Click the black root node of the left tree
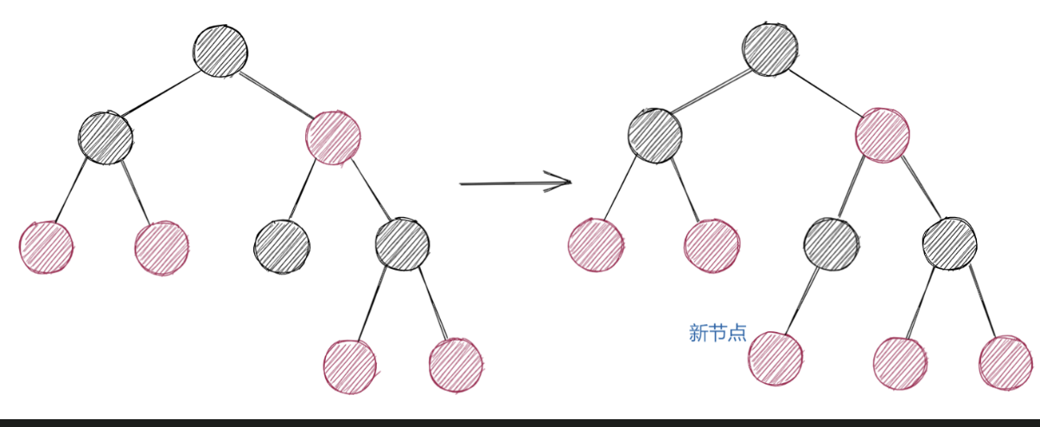click(x=220, y=49)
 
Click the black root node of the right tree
click(x=769, y=48)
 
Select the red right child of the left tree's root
click(x=333, y=137)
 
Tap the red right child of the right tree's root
click(x=882, y=135)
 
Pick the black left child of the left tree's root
click(x=105, y=137)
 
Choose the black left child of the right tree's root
click(x=654, y=136)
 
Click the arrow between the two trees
click(x=515, y=182)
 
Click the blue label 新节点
click(x=717, y=333)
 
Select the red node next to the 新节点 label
click(x=775, y=357)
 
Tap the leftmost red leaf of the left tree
click(x=47, y=246)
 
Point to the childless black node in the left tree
click(x=282, y=246)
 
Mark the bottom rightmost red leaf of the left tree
click(x=456, y=364)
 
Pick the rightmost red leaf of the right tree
click(x=1006, y=361)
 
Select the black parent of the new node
click(x=831, y=244)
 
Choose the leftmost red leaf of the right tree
click(x=596, y=245)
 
